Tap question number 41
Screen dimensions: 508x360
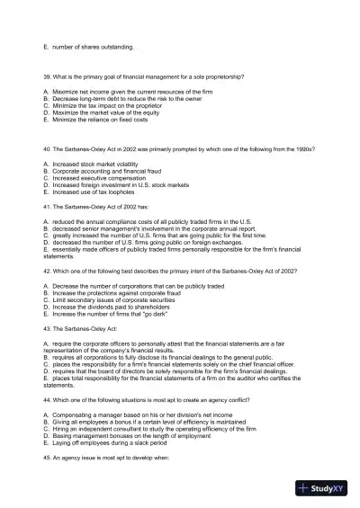tap(47, 207)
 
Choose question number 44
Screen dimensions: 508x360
tap(47, 397)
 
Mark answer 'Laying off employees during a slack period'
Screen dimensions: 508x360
tap(110, 443)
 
